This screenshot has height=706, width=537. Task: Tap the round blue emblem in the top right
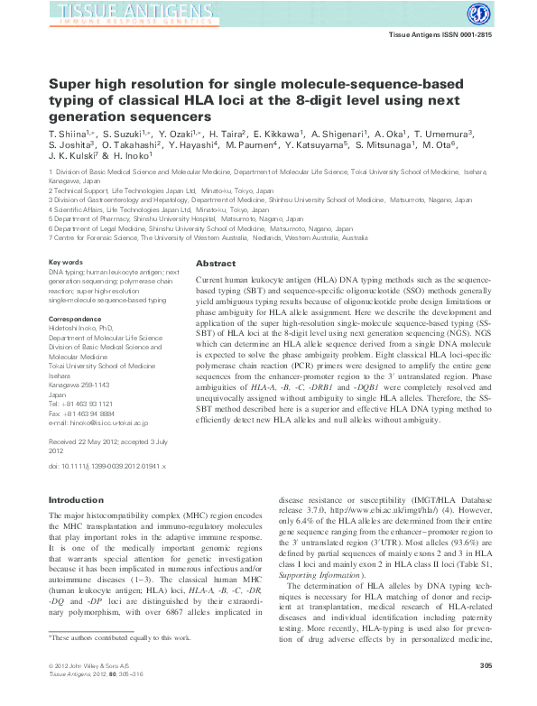477,14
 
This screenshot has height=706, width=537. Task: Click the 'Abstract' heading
216,264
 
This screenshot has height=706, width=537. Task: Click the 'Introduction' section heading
76,499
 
